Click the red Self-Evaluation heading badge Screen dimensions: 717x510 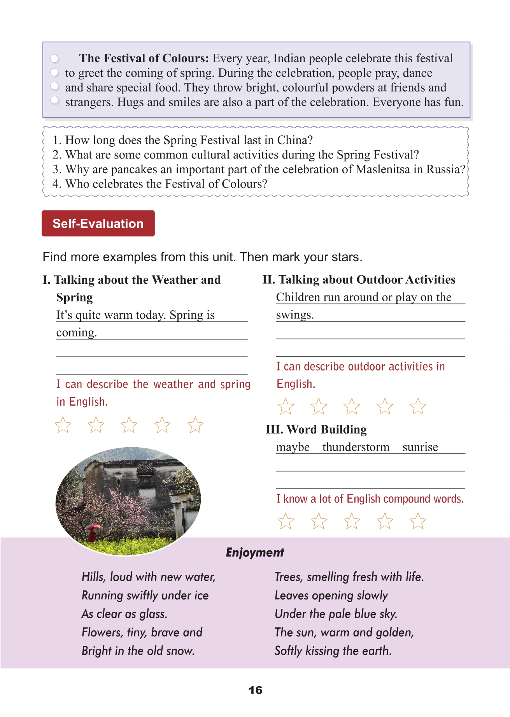click(98, 223)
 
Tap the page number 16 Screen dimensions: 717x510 click(255, 690)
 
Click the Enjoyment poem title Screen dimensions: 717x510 click(255, 552)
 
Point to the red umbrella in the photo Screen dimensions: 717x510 click(93, 528)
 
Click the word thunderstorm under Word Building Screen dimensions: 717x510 click(356, 447)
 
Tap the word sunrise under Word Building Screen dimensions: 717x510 click(420, 447)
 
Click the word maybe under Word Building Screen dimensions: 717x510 click(293, 447)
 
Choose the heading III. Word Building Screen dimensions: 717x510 click(316, 429)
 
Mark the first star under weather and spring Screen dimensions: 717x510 click(63, 425)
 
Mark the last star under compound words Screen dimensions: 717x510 click(418, 521)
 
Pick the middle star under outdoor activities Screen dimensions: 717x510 click(352, 406)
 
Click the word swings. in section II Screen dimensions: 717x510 click(294, 315)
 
